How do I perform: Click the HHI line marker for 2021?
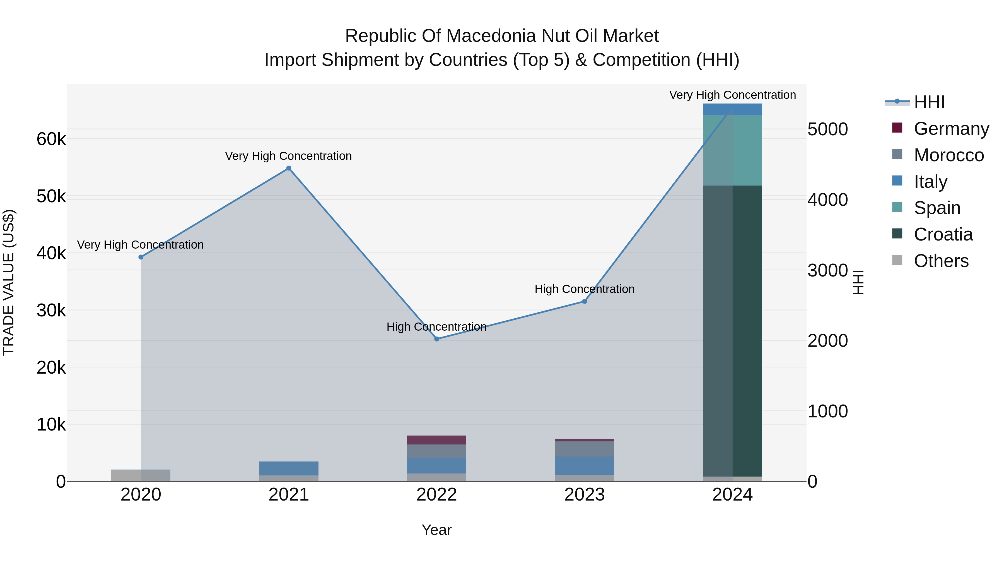click(x=289, y=169)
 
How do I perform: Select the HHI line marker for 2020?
click(x=141, y=257)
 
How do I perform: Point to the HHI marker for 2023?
click(x=585, y=301)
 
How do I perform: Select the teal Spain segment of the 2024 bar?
click(x=733, y=150)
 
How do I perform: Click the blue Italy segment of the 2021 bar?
click(x=289, y=468)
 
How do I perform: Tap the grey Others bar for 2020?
click(x=141, y=475)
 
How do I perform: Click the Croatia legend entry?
click(x=943, y=234)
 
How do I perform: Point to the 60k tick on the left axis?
click(x=51, y=139)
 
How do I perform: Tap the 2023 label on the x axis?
click(x=585, y=495)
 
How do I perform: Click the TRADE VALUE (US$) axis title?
click(x=9, y=282)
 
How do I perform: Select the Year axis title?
click(x=436, y=530)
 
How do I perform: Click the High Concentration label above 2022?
click(x=436, y=326)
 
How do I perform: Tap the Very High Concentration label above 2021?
click(x=288, y=156)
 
